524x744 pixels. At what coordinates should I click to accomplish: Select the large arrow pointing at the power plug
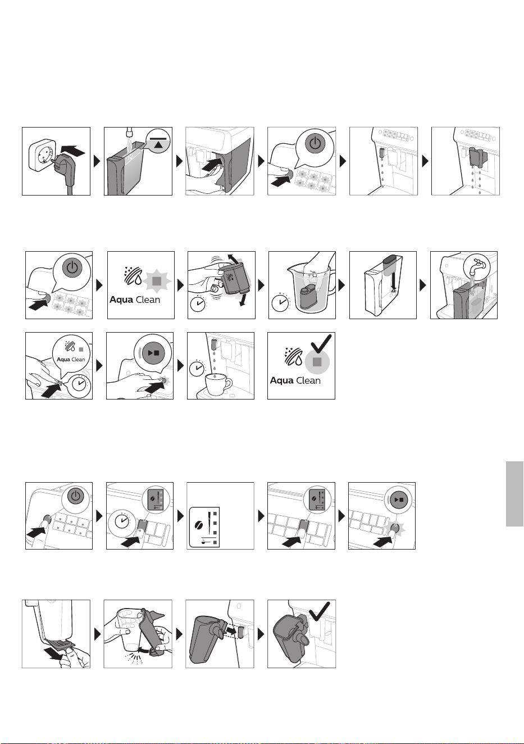[74, 152]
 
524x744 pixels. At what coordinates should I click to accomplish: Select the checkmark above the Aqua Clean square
[321, 343]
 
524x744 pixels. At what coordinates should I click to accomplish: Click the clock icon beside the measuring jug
[281, 302]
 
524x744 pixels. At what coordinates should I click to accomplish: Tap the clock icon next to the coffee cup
[198, 368]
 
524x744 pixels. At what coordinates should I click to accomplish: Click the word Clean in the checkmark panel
[308, 380]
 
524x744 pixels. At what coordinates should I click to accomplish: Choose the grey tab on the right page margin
[514, 493]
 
